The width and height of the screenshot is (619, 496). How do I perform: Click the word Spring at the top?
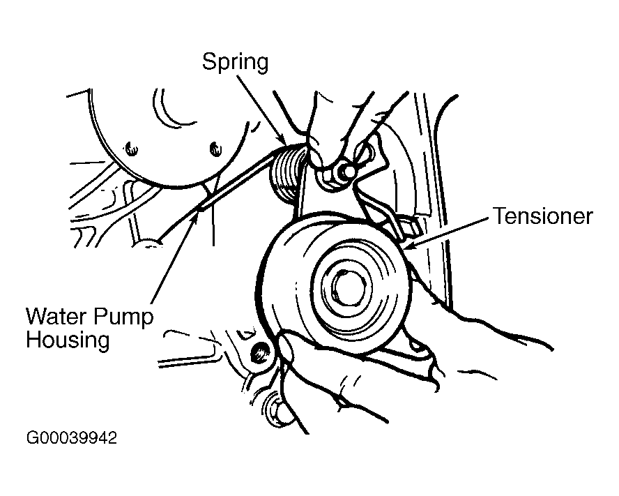tap(235, 62)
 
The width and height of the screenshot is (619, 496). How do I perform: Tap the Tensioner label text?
tap(543, 216)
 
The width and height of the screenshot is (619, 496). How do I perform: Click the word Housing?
tap(68, 341)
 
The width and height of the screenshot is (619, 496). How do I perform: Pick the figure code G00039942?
tap(71, 439)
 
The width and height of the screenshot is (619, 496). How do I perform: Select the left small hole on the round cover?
tap(130, 147)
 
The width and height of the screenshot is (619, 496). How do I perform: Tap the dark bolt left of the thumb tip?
tap(261, 352)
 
